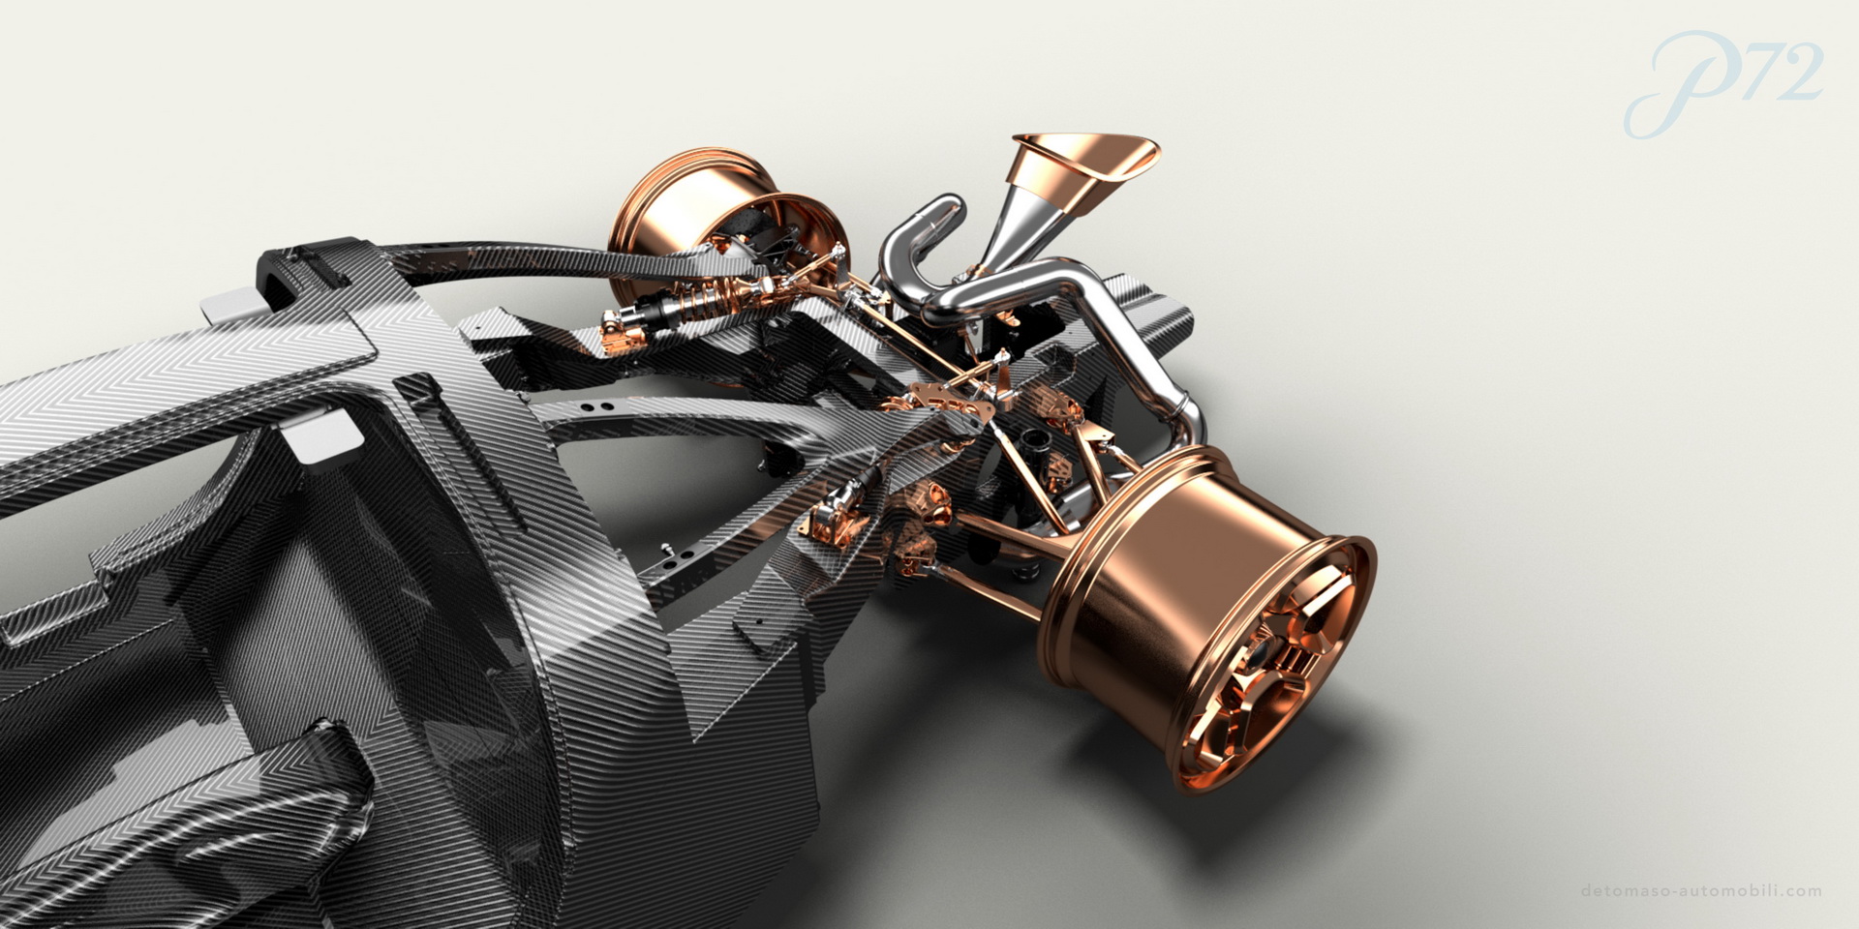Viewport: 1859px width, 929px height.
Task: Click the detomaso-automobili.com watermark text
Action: coord(1700,891)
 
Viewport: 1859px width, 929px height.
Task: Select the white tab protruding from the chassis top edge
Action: coord(229,308)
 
